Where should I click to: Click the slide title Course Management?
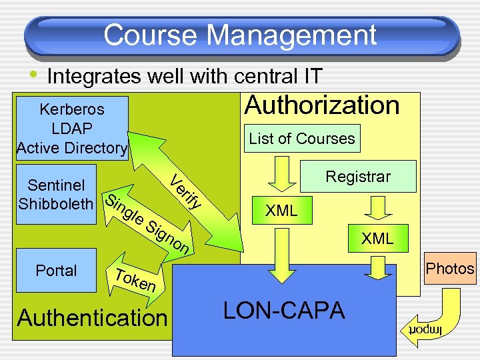pyautogui.click(x=240, y=35)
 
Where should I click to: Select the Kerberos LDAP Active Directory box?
pyautogui.click(x=72, y=128)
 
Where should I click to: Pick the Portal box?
pyautogui.click(x=57, y=271)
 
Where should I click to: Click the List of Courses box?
pyautogui.click(x=302, y=139)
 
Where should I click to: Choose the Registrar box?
pyautogui.click(x=358, y=177)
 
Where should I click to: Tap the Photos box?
pyautogui.click(x=450, y=269)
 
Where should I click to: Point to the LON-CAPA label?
pyautogui.click(x=283, y=311)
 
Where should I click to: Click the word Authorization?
pyautogui.click(x=322, y=105)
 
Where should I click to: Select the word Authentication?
pyautogui.click(x=92, y=318)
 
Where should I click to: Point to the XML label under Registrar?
pyautogui.click(x=377, y=239)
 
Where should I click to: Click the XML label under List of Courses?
pyautogui.click(x=281, y=211)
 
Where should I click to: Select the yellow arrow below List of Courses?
pyautogui.click(x=283, y=174)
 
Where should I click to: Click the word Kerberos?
pyautogui.click(x=72, y=109)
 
